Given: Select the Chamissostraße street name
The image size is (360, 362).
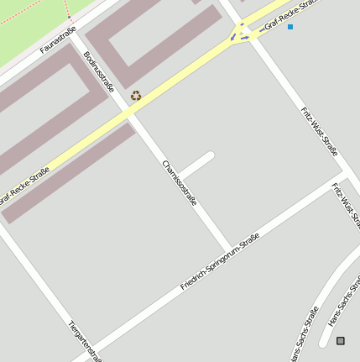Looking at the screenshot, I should [180, 183].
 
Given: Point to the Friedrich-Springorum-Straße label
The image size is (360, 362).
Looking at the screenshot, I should [218, 262].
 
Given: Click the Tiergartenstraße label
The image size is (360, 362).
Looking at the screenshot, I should [85, 340].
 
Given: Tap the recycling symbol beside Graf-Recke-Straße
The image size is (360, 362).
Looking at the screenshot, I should [136, 97].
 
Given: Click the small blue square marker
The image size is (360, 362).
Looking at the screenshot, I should [290, 27].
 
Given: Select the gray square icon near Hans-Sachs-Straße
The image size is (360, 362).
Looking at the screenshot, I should [340, 340].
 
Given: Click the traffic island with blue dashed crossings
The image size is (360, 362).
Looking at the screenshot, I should [241, 34].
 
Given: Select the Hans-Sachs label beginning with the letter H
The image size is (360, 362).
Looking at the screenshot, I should [344, 302].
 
